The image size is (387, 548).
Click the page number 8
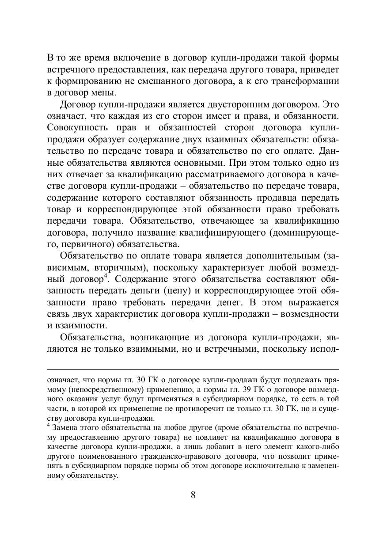[x=193, y=495]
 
